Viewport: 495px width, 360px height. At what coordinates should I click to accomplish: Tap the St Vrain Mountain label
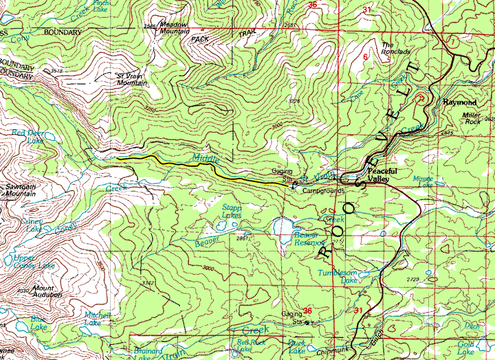(132, 79)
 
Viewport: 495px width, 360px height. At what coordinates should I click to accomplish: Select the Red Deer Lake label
(27, 135)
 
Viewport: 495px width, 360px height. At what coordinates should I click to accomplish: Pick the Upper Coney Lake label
(34, 262)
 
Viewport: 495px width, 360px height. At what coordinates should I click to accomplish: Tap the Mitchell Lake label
(93, 319)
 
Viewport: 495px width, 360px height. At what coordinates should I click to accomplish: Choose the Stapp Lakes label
(231, 211)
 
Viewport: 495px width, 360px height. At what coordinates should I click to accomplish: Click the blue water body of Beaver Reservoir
(282, 226)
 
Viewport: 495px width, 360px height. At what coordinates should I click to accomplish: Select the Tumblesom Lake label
(338, 276)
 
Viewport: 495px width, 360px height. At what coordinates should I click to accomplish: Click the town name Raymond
(459, 102)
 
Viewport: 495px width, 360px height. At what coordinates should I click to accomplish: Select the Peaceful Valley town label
(378, 175)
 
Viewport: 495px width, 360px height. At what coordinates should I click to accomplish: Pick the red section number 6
(365, 56)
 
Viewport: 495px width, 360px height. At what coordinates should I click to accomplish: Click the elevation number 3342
(146, 282)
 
